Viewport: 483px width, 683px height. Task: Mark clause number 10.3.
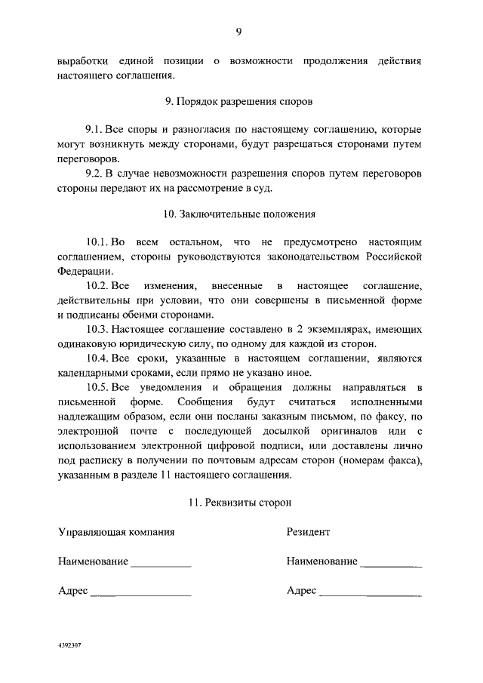tap(98, 331)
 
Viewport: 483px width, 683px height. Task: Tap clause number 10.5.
tap(98, 387)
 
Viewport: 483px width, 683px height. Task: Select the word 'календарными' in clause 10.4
tap(91, 373)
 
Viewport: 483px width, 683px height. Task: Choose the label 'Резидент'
tap(308, 531)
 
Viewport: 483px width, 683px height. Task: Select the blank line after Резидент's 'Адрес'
tap(370, 595)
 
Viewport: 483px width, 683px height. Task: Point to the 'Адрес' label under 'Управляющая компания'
tap(72, 590)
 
